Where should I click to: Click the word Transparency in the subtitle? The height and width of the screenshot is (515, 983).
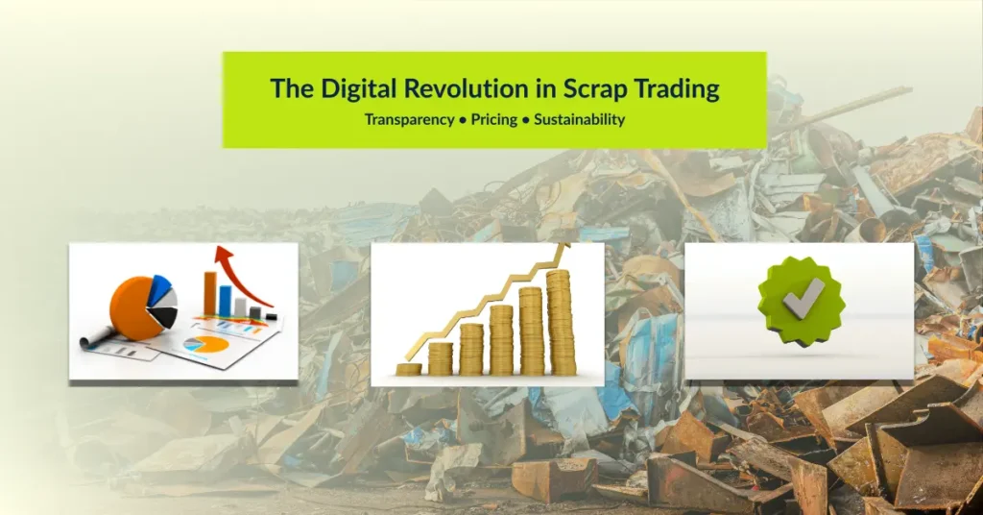[x=409, y=120]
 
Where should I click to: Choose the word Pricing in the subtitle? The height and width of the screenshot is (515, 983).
[x=494, y=120]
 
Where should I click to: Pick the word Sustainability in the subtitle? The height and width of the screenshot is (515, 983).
[x=579, y=120]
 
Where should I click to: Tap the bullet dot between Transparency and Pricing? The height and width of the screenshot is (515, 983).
[x=463, y=120]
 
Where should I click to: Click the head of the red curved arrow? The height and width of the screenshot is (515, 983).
[x=223, y=255]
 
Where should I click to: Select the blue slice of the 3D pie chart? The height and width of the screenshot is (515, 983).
[x=161, y=286]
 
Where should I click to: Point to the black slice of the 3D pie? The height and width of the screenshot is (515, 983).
[x=164, y=317]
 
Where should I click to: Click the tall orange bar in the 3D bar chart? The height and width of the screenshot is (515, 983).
[x=210, y=294]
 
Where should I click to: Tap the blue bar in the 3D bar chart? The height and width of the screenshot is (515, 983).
[x=225, y=301]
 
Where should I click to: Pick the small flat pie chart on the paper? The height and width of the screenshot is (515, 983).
[x=204, y=344]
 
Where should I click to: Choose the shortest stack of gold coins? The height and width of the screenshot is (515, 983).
[x=409, y=370]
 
